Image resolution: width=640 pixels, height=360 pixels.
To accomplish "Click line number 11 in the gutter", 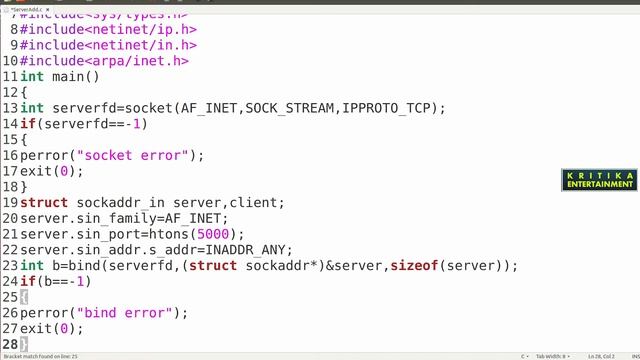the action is click(10, 77).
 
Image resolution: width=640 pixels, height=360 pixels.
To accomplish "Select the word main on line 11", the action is click(68, 77).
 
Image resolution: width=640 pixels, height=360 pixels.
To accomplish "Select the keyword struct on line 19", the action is click(44, 202).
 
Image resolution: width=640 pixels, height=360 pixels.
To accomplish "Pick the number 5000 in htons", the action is click(217, 234).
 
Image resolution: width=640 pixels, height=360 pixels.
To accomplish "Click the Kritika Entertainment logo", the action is click(600, 179).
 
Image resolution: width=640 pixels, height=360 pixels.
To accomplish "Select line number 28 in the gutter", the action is click(10, 343).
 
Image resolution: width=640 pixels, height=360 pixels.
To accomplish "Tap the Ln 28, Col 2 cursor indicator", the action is click(601, 355).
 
